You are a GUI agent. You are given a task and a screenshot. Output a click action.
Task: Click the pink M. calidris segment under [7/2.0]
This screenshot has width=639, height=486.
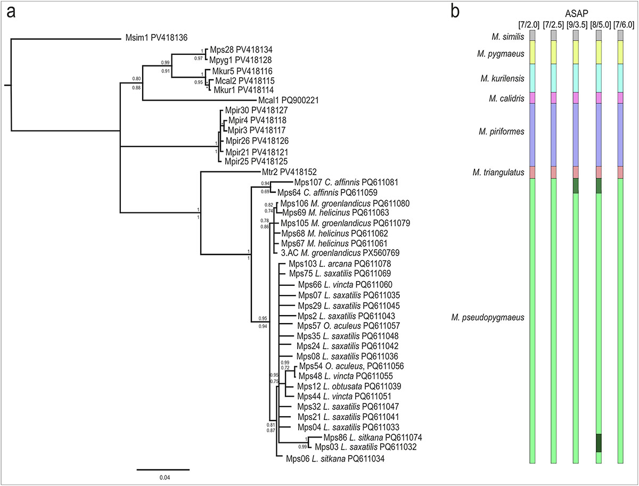(x=531, y=98)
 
